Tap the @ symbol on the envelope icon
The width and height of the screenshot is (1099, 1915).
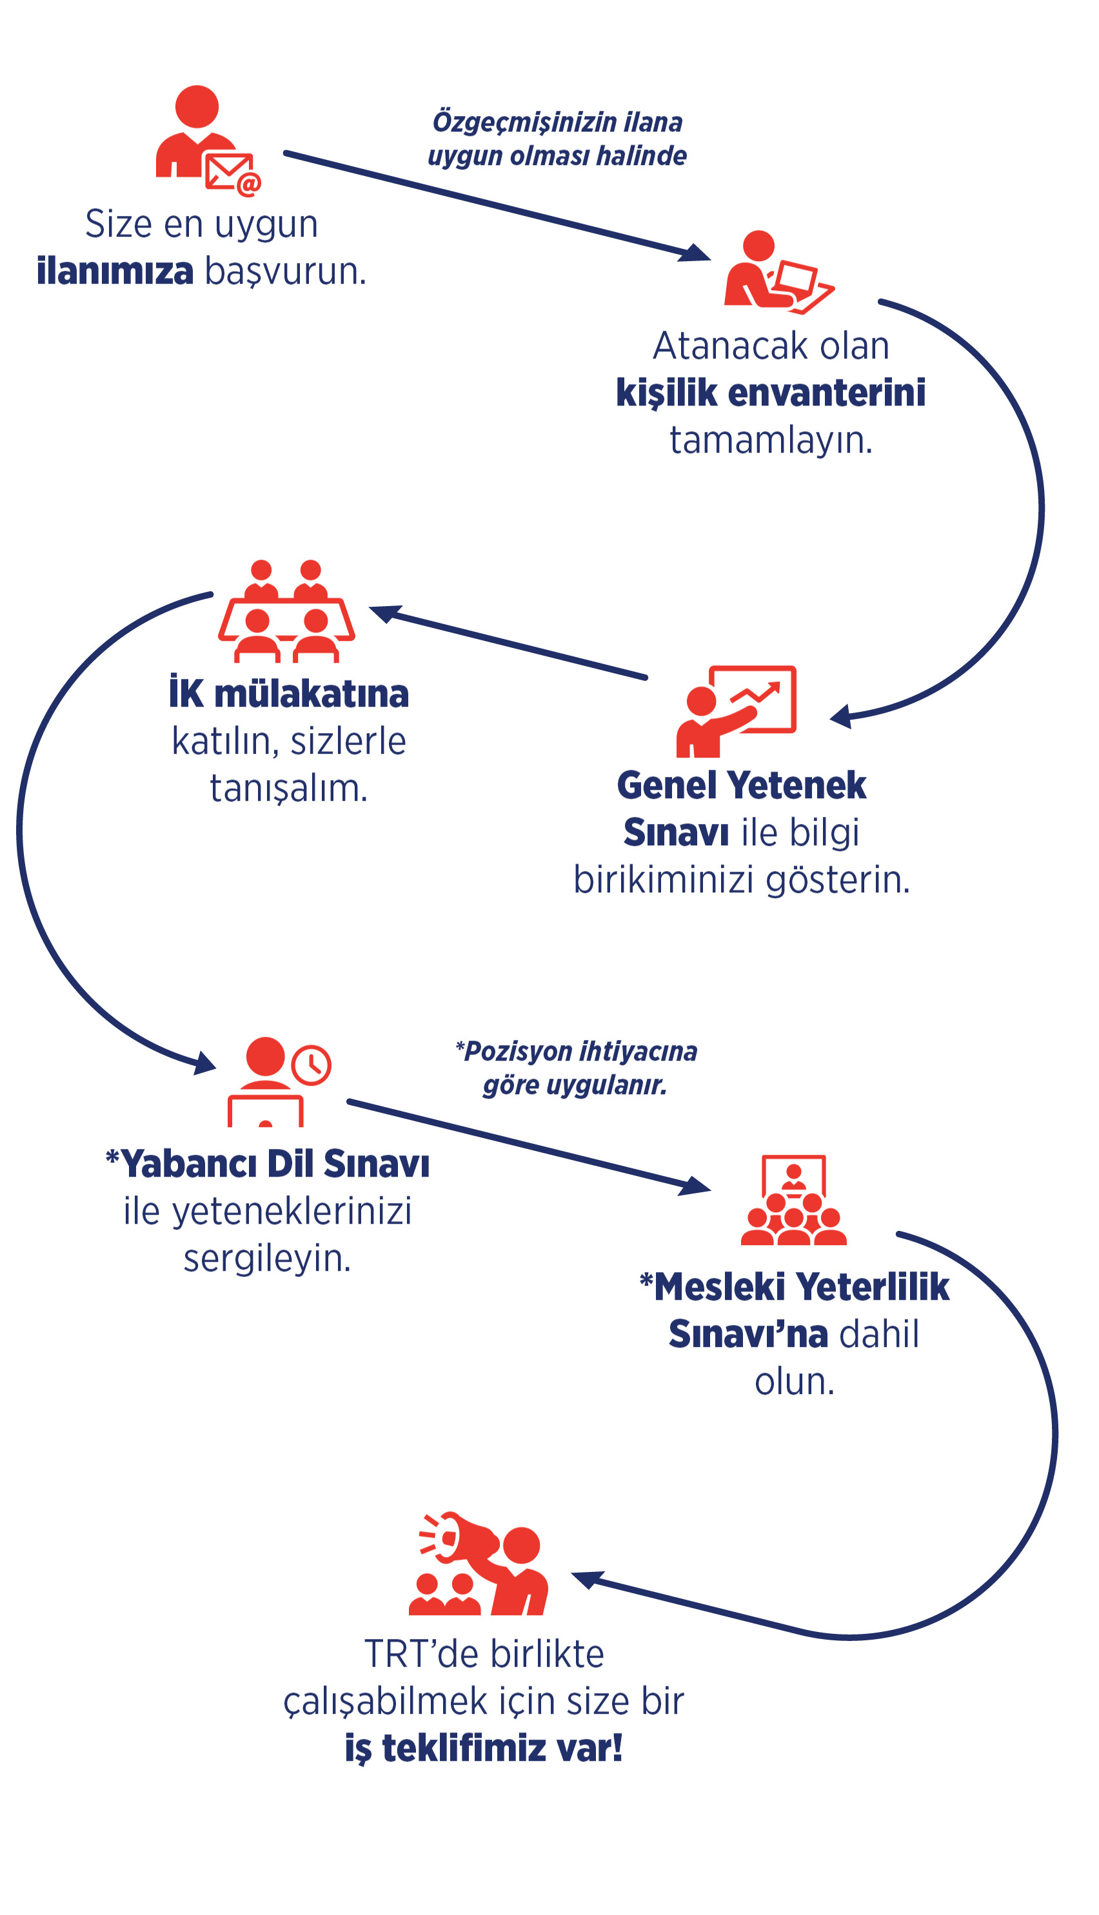pyautogui.click(x=248, y=183)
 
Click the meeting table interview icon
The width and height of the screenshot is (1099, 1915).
pyautogui.click(x=286, y=611)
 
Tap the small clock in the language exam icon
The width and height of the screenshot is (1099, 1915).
pyautogui.click(x=311, y=1065)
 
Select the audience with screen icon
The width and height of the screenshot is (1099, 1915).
pyautogui.click(x=793, y=1200)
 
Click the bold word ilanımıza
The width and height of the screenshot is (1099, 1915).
pyautogui.click(x=115, y=270)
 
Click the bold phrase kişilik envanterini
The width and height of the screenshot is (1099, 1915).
pyautogui.click(x=771, y=393)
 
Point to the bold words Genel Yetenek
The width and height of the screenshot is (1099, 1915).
pyautogui.click(x=741, y=785)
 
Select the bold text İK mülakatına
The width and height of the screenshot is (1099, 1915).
pyautogui.click(x=289, y=692)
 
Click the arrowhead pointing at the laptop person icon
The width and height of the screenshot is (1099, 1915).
pyautogui.click(x=696, y=253)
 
